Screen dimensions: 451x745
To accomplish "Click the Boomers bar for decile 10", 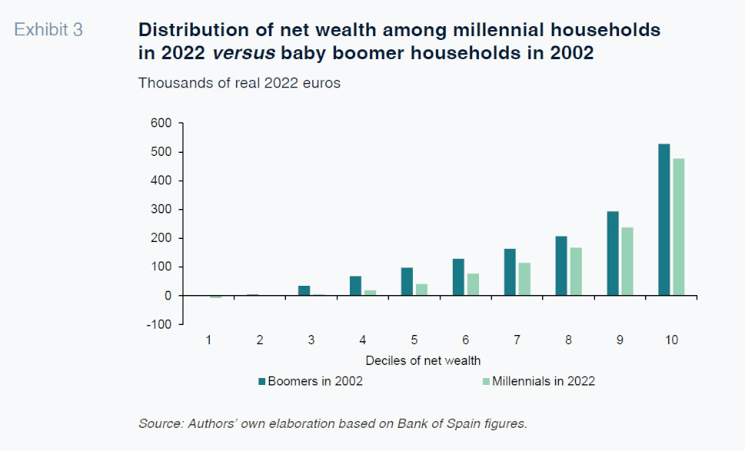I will pos(664,220).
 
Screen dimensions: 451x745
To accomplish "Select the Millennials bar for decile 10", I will pos(678,227).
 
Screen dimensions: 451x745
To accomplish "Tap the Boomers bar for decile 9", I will pos(613,254).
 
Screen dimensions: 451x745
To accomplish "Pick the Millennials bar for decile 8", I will pos(575,271).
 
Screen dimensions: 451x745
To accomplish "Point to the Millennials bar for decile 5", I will pos(421,290).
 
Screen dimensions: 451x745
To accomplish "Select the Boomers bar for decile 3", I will pos(304,290).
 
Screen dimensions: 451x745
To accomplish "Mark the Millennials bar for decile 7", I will pos(524,279).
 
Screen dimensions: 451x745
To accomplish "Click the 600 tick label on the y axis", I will pos(161,123).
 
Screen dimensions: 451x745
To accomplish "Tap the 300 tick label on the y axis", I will pos(161,209).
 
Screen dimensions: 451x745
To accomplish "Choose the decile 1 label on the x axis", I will pos(208,340).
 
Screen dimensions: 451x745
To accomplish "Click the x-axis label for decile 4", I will pos(362,340).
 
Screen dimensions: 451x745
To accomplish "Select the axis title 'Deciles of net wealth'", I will pos(423,360).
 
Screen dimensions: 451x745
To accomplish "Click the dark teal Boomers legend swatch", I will pos(261,381).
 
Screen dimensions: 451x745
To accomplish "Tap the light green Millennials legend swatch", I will pos(484,381).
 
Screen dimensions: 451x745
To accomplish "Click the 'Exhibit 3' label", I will pos(48,31).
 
